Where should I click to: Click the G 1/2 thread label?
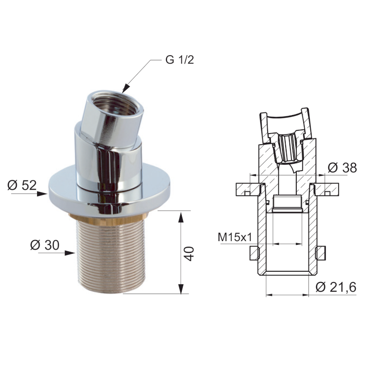point(179,60)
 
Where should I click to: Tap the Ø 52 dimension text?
point(22,185)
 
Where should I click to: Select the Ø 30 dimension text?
point(45,245)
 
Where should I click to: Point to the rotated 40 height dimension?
point(190,254)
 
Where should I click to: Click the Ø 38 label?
point(342,168)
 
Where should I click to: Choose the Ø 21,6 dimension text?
point(336,288)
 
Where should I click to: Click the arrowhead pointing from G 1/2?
point(125,89)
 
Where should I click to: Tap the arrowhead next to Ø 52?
point(43,194)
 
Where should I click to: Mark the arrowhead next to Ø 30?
point(70,253)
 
